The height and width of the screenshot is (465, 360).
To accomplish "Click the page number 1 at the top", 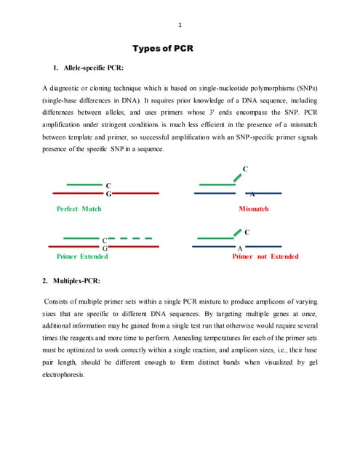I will tap(180, 26).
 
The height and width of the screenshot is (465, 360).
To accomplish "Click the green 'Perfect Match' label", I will tap(79, 209).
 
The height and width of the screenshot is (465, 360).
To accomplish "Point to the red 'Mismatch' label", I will tap(253, 209).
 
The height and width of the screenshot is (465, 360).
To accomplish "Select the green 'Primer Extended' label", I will tap(82, 256).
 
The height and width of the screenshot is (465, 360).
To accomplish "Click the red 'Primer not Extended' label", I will tap(265, 256).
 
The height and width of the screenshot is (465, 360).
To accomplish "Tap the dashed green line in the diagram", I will tap(135, 238).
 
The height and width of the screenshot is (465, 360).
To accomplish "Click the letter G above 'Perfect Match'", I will tap(108, 195).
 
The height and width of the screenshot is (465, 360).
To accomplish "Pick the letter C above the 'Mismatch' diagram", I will tap(245, 169).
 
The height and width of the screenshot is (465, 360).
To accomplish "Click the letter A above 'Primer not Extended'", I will tap(240, 248).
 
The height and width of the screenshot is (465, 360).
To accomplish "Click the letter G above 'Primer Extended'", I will tap(105, 248).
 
